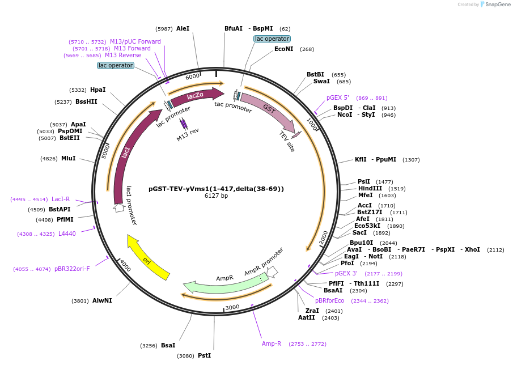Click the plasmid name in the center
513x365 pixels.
(216, 189)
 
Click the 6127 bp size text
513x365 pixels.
(216, 196)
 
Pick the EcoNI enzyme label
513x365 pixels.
(284, 49)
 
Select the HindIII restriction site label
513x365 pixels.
(370, 188)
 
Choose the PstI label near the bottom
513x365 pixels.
(204, 355)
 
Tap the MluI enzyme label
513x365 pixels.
(68, 158)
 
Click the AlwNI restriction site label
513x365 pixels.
(102, 300)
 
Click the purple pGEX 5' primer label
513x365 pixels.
(337, 97)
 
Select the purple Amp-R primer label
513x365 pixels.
(272, 343)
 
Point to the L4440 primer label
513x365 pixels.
(67, 234)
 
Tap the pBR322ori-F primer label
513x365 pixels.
(72, 269)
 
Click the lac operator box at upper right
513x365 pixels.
(272, 39)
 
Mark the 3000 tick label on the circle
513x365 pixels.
(232, 307)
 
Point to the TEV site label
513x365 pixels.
(287, 142)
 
